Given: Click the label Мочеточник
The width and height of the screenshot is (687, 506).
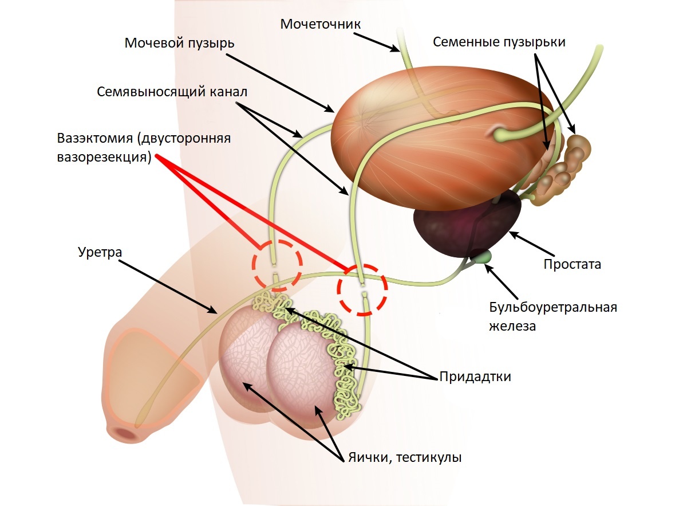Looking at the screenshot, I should [321, 24].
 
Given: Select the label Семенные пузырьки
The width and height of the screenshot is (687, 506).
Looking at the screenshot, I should [499, 42].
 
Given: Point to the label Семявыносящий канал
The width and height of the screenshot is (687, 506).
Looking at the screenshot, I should [172, 92].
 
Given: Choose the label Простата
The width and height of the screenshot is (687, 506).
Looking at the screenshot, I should [572, 265].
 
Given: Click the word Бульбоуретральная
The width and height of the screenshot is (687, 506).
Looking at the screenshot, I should [552, 307].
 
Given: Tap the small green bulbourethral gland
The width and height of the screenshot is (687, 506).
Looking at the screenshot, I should [485, 256].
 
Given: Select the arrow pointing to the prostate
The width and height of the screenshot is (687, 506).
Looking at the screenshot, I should [532, 244].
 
